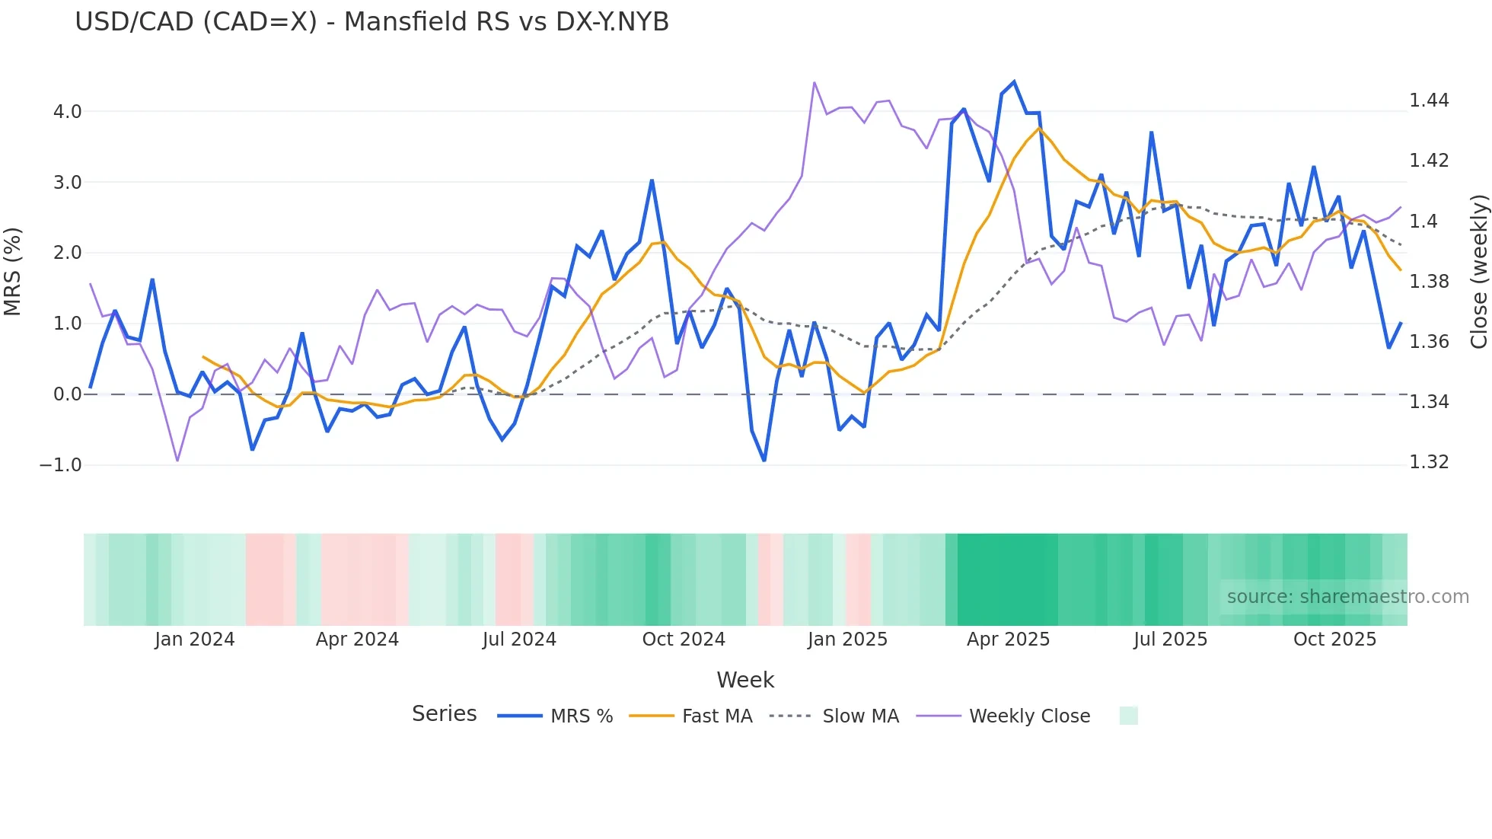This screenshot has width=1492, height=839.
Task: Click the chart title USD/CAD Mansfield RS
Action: pos(371,22)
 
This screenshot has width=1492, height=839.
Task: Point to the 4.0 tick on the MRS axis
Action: pos(67,112)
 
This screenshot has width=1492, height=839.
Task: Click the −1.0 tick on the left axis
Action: pos(61,465)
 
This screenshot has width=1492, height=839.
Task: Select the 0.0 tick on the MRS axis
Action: pos(67,394)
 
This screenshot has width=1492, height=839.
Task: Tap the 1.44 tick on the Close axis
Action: pos(1429,100)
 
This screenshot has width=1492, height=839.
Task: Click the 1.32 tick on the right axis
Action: pos(1429,462)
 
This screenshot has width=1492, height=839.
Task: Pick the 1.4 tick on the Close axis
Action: pos(1423,221)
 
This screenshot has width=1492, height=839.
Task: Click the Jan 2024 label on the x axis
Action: pos(194,640)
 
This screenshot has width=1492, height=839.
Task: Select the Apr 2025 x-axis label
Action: pos(1008,640)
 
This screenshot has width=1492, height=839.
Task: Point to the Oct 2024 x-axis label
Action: pos(684,640)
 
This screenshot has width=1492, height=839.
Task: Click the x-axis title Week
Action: pos(745,680)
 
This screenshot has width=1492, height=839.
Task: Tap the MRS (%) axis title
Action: pos(13,271)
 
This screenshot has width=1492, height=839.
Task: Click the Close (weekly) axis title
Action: pos(1478,271)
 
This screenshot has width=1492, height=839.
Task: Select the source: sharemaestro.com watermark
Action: pos(1347,597)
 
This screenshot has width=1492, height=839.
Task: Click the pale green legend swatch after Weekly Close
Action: pos(1128,716)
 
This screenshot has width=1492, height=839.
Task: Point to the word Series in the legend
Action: pos(444,714)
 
